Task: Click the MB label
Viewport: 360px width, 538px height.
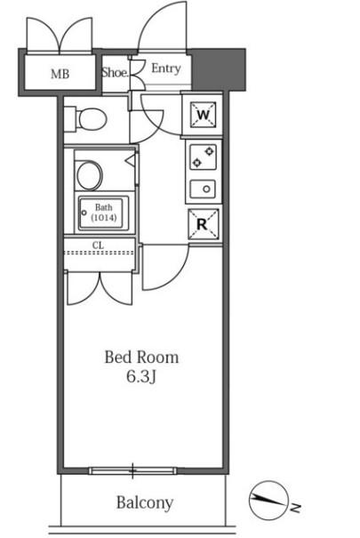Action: (60, 74)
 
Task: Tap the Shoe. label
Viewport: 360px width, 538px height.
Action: (116, 72)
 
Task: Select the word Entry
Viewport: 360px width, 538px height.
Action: (166, 68)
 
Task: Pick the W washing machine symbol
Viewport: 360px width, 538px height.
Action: (204, 115)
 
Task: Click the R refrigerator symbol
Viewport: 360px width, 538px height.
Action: (203, 224)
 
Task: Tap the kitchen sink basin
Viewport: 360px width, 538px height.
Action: (203, 189)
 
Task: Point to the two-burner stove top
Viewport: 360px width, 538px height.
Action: (203, 157)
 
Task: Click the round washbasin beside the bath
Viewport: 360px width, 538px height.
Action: (90, 175)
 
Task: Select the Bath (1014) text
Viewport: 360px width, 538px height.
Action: (103, 213)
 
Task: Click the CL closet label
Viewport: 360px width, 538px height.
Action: (98, 245)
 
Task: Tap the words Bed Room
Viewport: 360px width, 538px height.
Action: (141, 357)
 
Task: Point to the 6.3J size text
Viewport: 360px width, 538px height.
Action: (141, 377)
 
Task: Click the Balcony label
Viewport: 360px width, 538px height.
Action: (145, 503)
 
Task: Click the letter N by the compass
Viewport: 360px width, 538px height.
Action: (296, 508)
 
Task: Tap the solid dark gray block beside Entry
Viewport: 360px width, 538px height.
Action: (219, 70)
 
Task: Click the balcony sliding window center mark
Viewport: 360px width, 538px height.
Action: (132, 470)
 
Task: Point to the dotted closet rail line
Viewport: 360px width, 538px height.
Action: (99, 253)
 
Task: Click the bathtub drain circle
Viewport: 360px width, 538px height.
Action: (84, 213)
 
